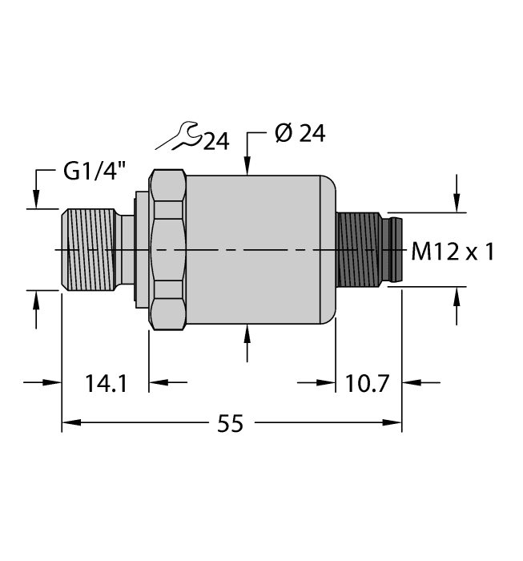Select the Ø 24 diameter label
point(299,134)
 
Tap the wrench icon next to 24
point(178,136)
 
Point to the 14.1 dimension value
point(105,383)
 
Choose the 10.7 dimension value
point(368,383)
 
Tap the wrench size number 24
point(215,143)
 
